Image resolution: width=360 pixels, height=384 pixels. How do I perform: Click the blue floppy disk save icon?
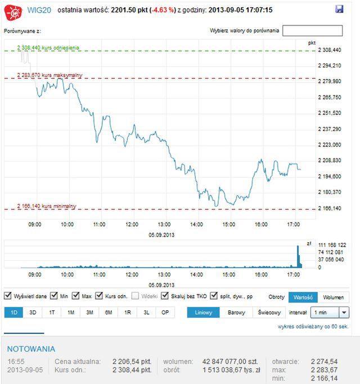pos(339,9)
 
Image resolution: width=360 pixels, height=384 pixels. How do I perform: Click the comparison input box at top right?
pos(312,30)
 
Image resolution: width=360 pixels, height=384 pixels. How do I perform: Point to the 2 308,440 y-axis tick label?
pos(330,50)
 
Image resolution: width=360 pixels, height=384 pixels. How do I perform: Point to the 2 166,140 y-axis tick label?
pos(330,208)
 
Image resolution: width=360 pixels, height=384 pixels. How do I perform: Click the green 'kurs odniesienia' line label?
pos(48,48)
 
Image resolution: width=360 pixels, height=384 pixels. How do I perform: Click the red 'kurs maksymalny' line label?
pos(49,75)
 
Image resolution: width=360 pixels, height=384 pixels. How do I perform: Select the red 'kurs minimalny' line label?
pos(47,206)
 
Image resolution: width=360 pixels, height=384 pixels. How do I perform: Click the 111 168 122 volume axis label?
pos(332,245)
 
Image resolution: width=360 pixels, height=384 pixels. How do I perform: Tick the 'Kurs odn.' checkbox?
pos(99,296)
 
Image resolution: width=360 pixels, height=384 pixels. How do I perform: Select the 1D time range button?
pos(13,313)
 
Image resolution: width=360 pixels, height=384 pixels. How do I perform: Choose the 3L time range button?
pos(146,313)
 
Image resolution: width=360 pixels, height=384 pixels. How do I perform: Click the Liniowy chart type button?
pos(202,313)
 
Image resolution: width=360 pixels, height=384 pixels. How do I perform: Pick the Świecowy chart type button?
pos(269,313)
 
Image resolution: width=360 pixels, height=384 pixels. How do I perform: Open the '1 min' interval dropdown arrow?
pos(344,313)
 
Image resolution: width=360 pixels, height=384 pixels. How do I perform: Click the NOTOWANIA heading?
pos(31,349)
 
